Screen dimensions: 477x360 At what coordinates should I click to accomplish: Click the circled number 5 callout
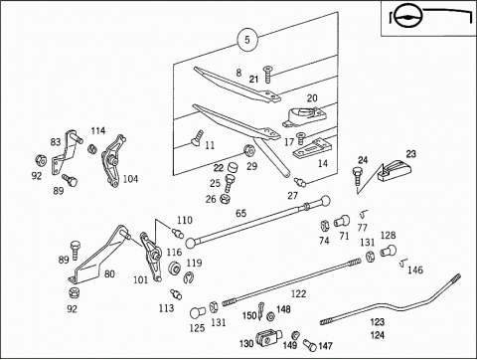(x=247, y=40)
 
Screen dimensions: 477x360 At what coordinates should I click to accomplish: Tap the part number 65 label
(x=241, y=213)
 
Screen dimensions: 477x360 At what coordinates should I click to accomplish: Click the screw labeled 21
(x=266, y=75)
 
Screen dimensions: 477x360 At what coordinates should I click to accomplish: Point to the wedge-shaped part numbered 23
(x=395, y=170)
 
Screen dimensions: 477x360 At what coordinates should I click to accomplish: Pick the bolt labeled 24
(x=358, y=176)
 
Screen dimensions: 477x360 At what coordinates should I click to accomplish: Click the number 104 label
(x=130, y=179)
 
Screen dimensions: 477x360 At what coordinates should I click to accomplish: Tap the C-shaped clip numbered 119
(x=189, y=277)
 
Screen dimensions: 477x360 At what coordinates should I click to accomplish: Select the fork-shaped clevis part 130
(x=268, y=337)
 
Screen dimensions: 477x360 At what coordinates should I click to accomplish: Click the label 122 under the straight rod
(x=298, y=293)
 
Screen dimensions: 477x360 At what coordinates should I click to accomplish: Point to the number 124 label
(x=378, y=335)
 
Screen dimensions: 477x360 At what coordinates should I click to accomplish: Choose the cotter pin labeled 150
(x=261, y=309)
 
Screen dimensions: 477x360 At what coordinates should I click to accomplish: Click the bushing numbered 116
(x=174, y=268)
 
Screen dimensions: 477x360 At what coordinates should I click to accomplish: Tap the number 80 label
(x=109, y=273)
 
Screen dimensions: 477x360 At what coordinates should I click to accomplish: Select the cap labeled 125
(x=198, y=312)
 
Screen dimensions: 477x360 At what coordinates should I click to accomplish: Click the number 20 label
(x=312, y=98)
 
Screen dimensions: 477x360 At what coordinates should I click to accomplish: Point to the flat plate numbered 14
(x=312, y=149)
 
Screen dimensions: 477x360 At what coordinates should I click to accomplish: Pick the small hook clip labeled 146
(x=403, y=263)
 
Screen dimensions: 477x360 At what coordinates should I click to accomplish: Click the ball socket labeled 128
(x=389, y=251)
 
